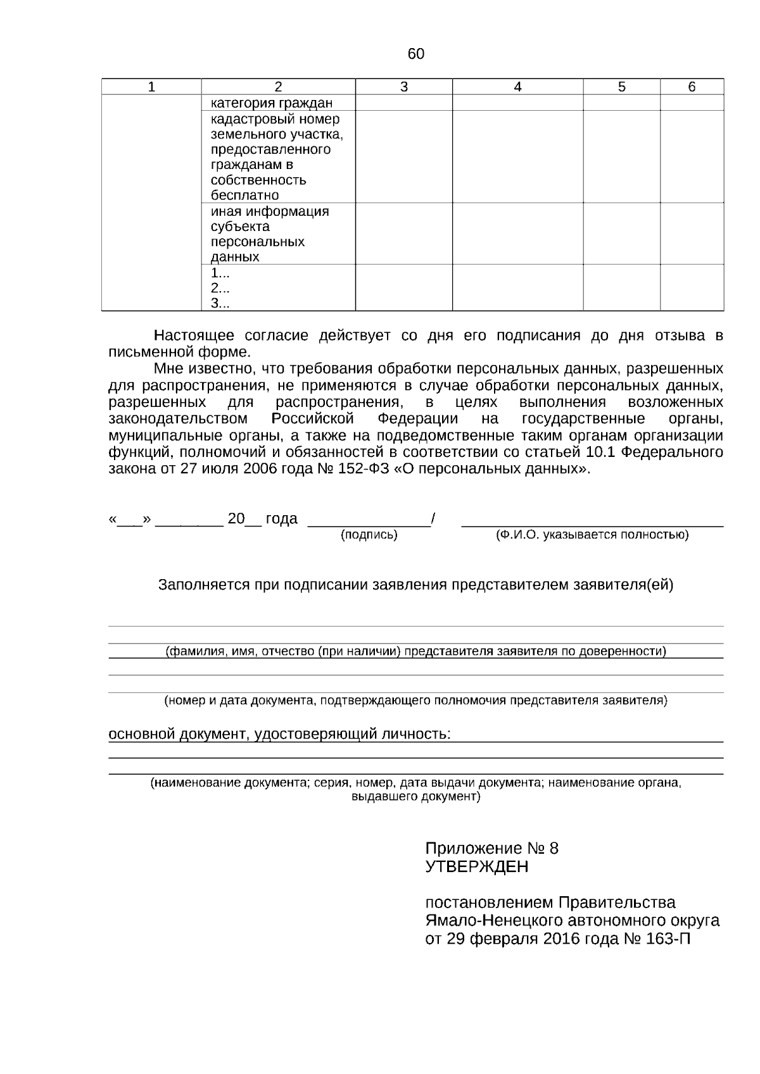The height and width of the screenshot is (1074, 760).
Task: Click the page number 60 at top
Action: pos(415,54)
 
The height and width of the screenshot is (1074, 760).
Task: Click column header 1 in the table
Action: pos(151,87)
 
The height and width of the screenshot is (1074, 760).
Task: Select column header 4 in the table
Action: pos(517,87)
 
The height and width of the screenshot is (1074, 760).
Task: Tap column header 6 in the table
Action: pos(692,87)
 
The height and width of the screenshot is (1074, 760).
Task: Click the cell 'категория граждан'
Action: pos(272,103)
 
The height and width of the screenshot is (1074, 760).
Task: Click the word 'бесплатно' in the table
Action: pos(244,195)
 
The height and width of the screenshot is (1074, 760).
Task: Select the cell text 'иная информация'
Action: pos(270,211)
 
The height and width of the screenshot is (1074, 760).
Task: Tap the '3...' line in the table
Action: pos(220,303)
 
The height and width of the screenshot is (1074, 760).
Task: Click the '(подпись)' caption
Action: pos(369,535)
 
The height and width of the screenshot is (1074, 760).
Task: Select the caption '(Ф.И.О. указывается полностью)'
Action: pos(592,535)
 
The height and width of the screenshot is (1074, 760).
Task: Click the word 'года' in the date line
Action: pos(281,519)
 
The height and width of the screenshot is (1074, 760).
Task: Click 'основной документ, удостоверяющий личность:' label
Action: pos(279,734)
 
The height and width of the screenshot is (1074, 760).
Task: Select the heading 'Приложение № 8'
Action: pos(491,849)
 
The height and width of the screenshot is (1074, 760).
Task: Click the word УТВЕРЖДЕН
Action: pos(476,866)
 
